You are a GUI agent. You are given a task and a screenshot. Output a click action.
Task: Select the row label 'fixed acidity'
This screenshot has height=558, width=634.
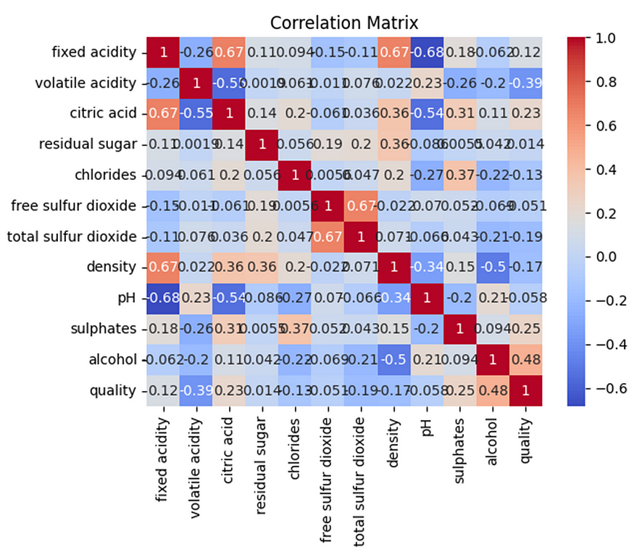pyautogui.click(x=93, y=52)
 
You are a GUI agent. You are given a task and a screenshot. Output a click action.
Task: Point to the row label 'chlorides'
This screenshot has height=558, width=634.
pyautogui.click(x=107, y=175)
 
